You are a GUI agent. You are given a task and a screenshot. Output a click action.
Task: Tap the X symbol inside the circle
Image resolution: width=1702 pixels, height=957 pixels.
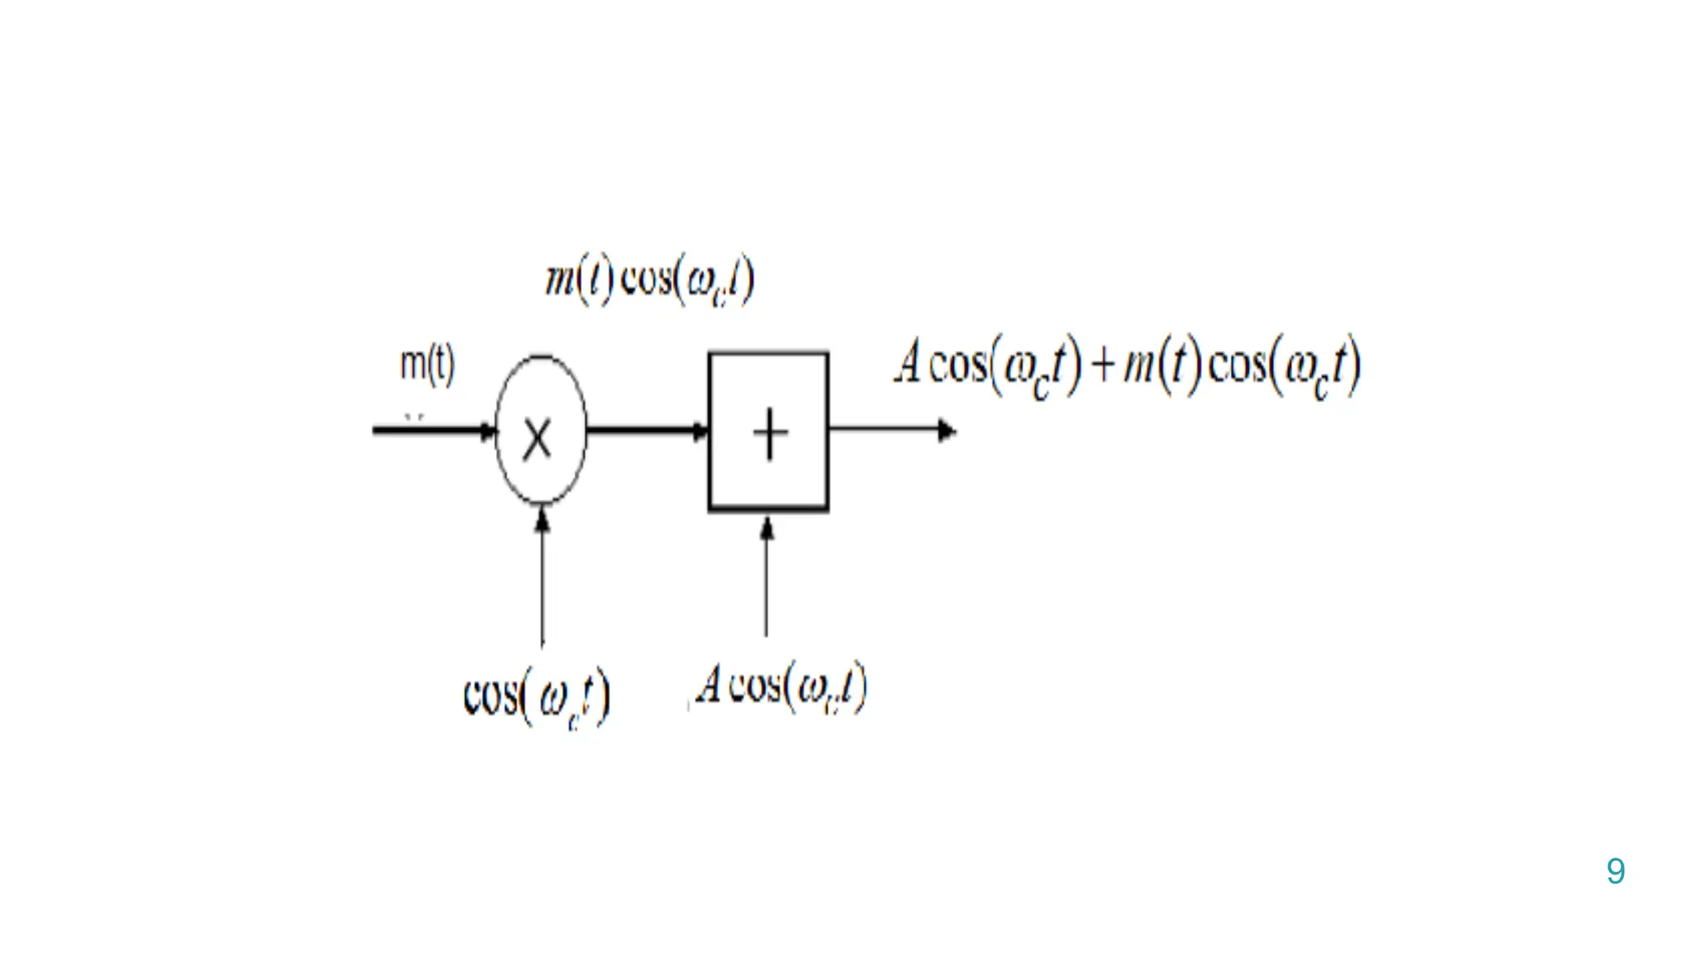point(538,439)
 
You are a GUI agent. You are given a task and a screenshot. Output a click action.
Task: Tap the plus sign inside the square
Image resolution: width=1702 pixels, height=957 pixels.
point(770,434)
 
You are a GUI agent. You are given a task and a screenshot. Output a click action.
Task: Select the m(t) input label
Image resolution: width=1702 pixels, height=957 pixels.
point(427,364)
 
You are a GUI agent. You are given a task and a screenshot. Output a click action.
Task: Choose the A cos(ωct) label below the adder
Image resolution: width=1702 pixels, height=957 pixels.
point(782,688)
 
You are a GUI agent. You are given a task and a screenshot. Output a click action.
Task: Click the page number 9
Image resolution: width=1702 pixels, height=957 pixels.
point(1616,871)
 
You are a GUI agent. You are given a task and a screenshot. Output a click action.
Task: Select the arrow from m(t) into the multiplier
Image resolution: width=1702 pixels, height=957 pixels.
point(434,429)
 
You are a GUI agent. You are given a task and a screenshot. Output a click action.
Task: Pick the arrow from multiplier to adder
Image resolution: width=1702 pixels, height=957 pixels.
point(647,429)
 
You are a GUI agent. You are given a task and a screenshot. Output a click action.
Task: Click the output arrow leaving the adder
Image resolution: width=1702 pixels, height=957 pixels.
point(893,430)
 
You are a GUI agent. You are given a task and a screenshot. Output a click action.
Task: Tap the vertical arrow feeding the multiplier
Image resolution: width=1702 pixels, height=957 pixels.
point(543,578)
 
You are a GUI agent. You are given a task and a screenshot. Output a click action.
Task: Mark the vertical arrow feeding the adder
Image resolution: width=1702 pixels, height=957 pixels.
point(767,577)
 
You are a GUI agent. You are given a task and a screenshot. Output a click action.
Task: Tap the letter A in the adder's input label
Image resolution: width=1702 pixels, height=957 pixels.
point(709,685)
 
